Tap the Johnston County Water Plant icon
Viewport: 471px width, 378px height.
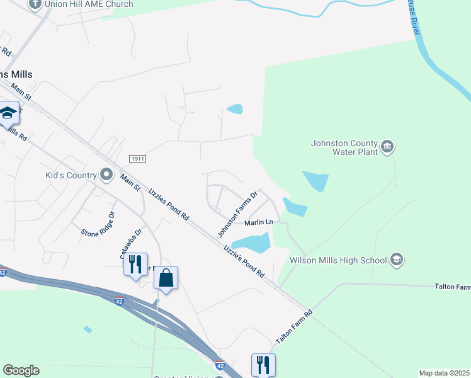(387, 147)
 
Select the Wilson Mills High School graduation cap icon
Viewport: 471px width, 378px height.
(397, 259)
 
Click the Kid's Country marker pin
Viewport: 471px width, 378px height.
(106, 175)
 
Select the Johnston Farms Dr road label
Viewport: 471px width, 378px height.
(238, 214)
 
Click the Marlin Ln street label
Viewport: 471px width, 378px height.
(259, 222)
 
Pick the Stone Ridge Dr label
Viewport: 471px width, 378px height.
(98, 224)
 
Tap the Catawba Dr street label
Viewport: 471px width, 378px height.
(132, 243)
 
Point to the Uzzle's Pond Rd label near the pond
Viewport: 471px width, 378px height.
(244, 263)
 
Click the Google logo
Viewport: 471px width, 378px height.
(21, 370)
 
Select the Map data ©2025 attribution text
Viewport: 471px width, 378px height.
(443, 373)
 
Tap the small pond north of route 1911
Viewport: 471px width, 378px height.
(234, 109)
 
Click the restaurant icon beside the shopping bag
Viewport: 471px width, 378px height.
(135, 264)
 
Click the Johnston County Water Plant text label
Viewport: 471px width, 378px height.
(344, 147)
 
